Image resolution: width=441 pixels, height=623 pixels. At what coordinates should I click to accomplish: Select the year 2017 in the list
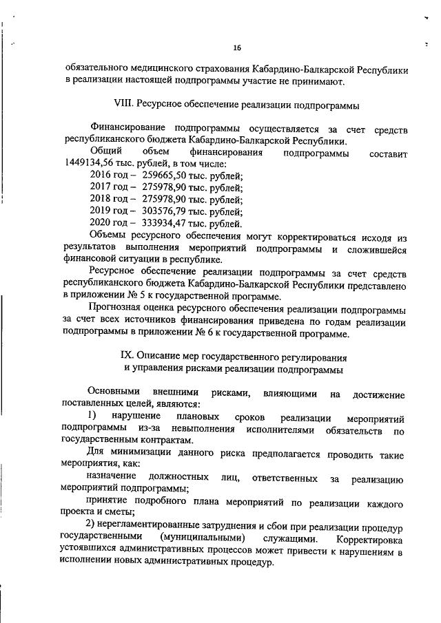(x=101, y=187)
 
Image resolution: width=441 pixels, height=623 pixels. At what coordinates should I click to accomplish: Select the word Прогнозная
(x=118, y=310)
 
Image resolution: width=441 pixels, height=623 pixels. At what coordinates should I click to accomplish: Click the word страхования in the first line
(x=223, y=70)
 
